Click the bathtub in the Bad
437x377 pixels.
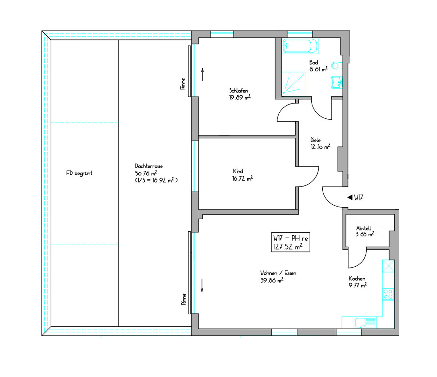point(300,46)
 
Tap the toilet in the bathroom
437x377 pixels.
point(336,66)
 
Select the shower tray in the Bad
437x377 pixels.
point(294,84)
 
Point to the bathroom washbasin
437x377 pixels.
point(337,82)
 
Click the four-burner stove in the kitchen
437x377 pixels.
point(388,294)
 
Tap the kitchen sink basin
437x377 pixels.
point(361,323)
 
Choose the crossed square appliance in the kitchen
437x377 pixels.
point(388,266)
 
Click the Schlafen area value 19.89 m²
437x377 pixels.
point(240,98)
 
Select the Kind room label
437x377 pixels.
point(238,171)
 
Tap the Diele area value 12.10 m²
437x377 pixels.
point(320,147)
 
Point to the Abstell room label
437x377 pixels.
point(364,228)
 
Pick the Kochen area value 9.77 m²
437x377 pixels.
point(358,285)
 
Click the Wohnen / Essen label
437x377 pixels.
point(278,273)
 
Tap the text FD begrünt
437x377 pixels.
point(79,173)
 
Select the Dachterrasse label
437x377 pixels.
point(149,166)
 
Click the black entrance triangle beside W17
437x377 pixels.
point(350,197)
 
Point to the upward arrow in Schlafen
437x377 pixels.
point(202,74)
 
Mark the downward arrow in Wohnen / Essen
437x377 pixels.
point(202,286)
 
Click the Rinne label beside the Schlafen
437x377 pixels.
point(183,84)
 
